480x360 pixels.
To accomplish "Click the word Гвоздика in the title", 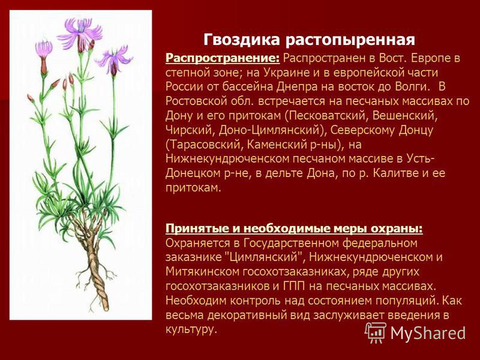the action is pyautogui.click(x=242, y=40).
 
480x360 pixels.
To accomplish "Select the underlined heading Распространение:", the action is pyautogui.click(x=223, y=58).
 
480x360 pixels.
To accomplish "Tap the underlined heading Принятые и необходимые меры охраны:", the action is pyautogui.click(x=294, y=229).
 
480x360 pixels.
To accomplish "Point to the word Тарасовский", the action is pyautogui.click(x=202, y=144).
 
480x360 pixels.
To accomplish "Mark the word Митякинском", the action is pyautogui.click(x=202, y=272).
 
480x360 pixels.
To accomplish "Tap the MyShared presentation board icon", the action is pyautogui.click(x=376, y=332).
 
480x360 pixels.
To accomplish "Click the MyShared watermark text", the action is pyautogui.click(x=428, y=333).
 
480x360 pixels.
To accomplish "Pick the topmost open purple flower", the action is pyautogui.click(x=80, y=34).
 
